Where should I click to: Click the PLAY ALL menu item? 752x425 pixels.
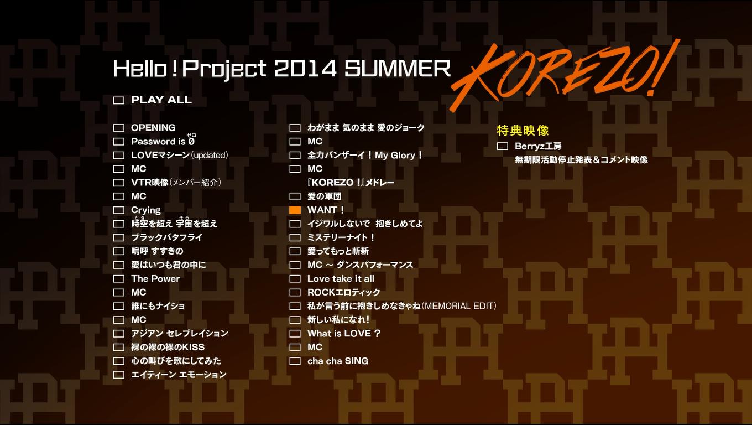161,100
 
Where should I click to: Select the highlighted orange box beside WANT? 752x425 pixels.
295,210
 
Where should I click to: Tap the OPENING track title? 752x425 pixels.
153,128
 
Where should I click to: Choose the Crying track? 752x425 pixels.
146,210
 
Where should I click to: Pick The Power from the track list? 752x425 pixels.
155,278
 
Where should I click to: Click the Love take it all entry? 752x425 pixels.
341,278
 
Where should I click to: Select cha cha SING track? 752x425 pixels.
338,361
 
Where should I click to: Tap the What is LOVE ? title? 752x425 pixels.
344,333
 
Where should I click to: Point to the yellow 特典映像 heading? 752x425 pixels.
523,131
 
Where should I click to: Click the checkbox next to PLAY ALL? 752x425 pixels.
118,100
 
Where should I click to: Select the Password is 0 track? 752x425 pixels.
163,142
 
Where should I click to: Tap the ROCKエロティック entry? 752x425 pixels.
343,292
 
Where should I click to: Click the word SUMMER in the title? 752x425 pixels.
398,69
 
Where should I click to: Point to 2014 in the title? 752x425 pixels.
305,69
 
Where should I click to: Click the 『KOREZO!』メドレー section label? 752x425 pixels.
351,183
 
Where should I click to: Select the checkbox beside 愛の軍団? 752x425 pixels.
295,196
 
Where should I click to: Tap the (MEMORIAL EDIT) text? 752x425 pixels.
458,306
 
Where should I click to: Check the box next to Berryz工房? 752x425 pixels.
502,146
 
